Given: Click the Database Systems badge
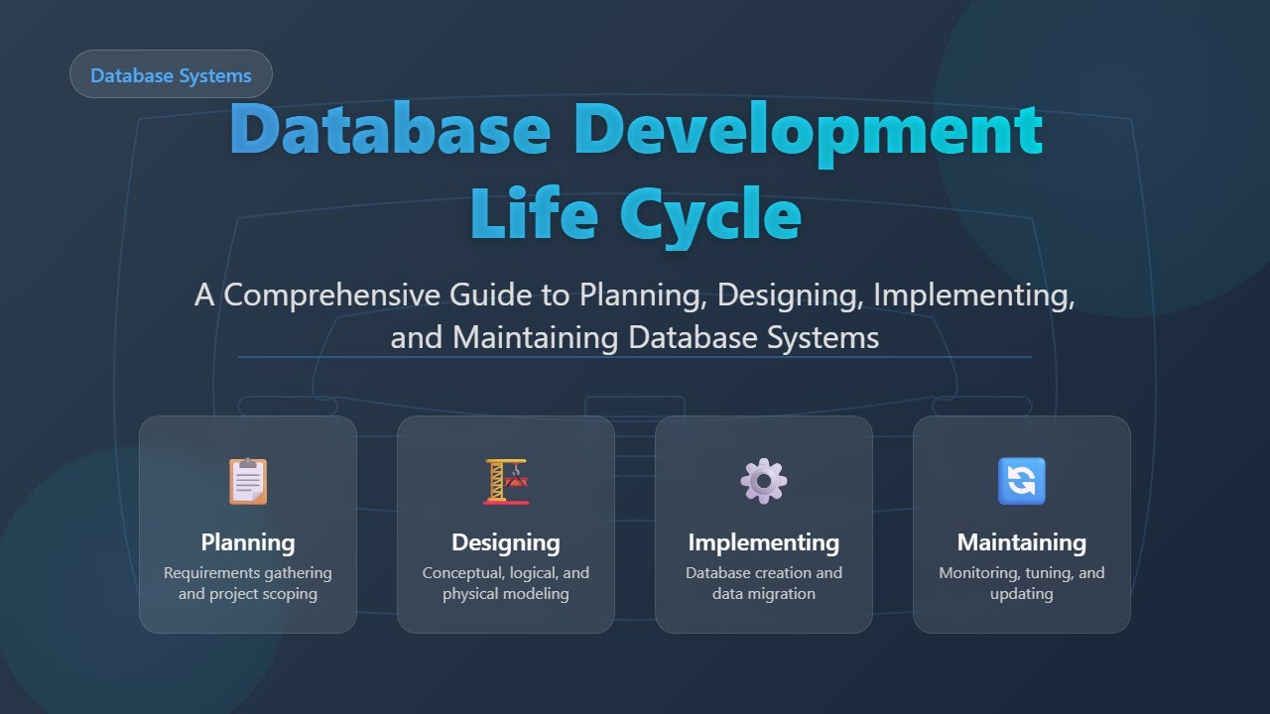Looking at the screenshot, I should tap(171, 75).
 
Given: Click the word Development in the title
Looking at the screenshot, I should tap(808, 131).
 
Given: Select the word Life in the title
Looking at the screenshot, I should tap(531, 214).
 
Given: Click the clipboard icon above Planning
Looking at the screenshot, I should tap(248, 481).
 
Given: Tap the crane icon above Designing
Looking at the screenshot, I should tap(506, 481).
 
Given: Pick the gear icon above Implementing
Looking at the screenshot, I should tap(764, 481).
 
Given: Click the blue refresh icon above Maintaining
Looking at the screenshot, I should tap(1022, 481).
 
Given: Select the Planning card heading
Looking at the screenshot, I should tap(248, 542).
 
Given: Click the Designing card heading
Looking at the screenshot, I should tap(506, 542).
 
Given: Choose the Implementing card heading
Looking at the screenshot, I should tap(764, 542).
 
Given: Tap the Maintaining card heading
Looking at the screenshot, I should tap(1022, 542).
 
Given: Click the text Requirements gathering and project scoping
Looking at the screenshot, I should tap(248, 583).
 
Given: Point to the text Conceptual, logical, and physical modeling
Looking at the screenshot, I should tap(506, 583).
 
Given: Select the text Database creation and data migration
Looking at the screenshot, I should tap(764, 583).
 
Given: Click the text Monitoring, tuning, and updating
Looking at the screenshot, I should tap(1022, 583).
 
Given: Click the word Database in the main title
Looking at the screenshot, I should tap(390, 131).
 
